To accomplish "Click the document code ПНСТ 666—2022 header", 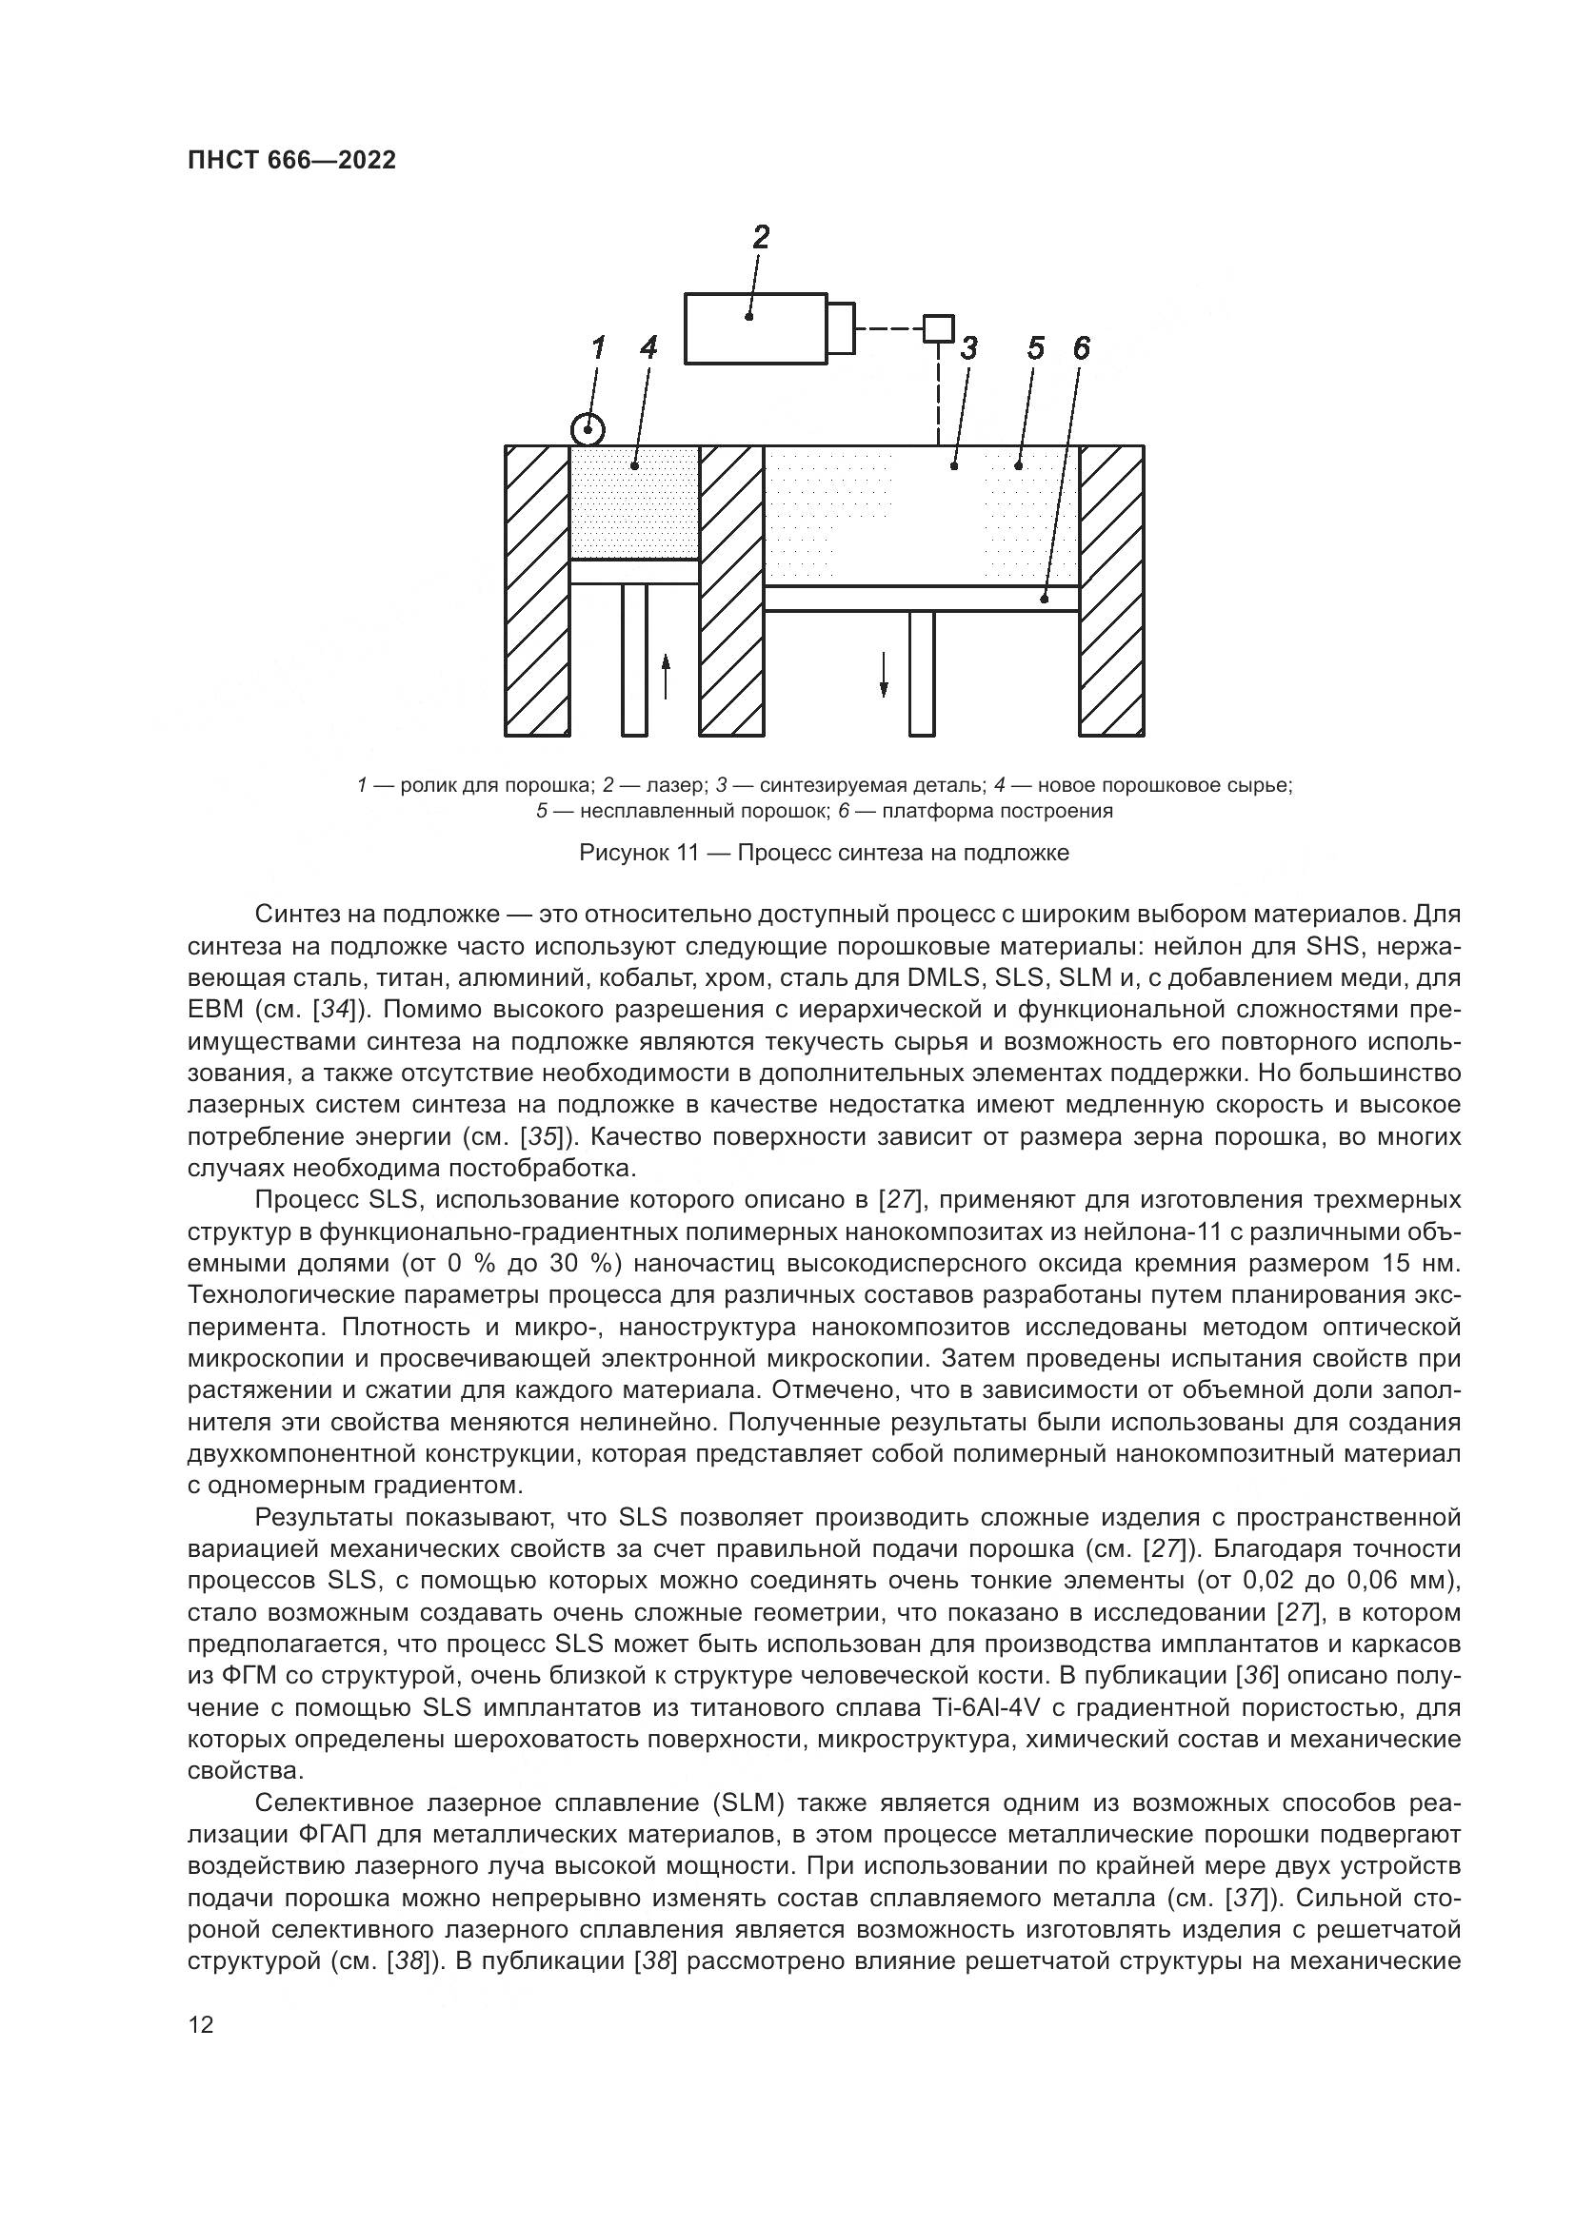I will (x=291, y=161).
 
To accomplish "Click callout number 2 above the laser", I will (x=762, y=237).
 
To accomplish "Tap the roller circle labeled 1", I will (x=588, y=428).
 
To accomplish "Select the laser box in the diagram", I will (x=755, y=327).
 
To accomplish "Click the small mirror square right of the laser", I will (x=938, y=328).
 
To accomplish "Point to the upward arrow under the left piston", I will (x=666, y=676).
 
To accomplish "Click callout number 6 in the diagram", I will (x=1082, y=347).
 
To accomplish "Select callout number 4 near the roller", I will (x=648, y=347).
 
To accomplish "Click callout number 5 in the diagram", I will (x=1036, y=347).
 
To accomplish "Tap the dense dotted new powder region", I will (x=634, y=504).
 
